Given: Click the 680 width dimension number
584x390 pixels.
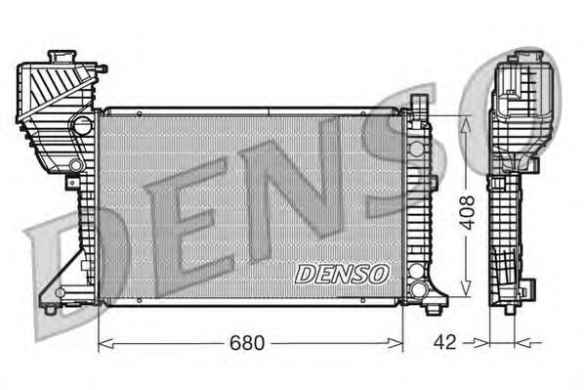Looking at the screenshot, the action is pos(247,342).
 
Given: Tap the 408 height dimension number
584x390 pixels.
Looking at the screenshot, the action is pos(467,212).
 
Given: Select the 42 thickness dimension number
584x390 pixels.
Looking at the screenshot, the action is pos(444,342).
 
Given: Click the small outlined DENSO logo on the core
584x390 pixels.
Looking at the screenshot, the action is pos(342,274).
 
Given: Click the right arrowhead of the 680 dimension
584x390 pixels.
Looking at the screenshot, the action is pos(396,343).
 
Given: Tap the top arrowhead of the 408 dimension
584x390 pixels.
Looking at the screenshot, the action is pos(466,125).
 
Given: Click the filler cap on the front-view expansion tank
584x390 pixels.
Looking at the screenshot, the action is pos(62,57).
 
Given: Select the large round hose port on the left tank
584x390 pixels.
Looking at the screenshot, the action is pos(82,125).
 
